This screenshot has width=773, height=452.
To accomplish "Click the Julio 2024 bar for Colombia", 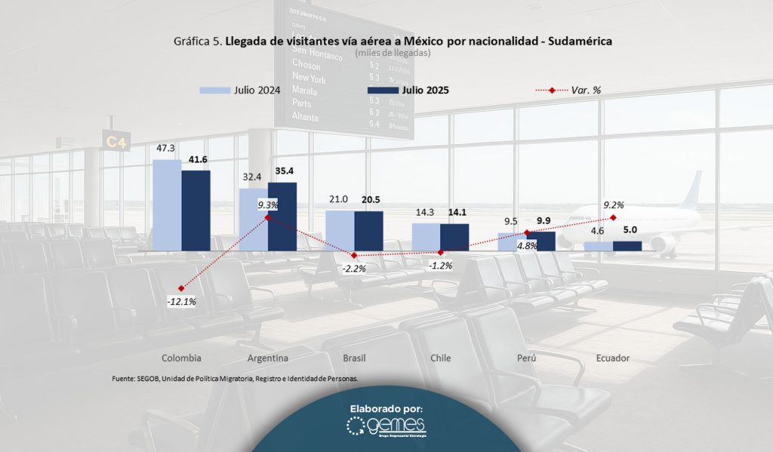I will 167,204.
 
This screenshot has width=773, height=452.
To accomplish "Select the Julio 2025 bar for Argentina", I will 282,216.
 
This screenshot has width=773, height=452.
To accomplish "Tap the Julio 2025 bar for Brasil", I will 368,230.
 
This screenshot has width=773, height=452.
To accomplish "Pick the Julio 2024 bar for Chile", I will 426,236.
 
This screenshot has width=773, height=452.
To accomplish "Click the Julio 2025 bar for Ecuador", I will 627,246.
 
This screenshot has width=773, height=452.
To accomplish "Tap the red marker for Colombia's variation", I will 181,288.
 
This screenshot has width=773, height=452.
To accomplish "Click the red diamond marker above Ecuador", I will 613,217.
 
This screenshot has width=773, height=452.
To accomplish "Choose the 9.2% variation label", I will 613,204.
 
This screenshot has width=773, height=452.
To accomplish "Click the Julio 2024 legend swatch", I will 214,91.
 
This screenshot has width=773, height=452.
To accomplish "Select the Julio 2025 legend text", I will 425,91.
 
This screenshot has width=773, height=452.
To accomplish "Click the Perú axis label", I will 526,358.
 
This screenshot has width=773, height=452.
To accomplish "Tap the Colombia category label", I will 181,358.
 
